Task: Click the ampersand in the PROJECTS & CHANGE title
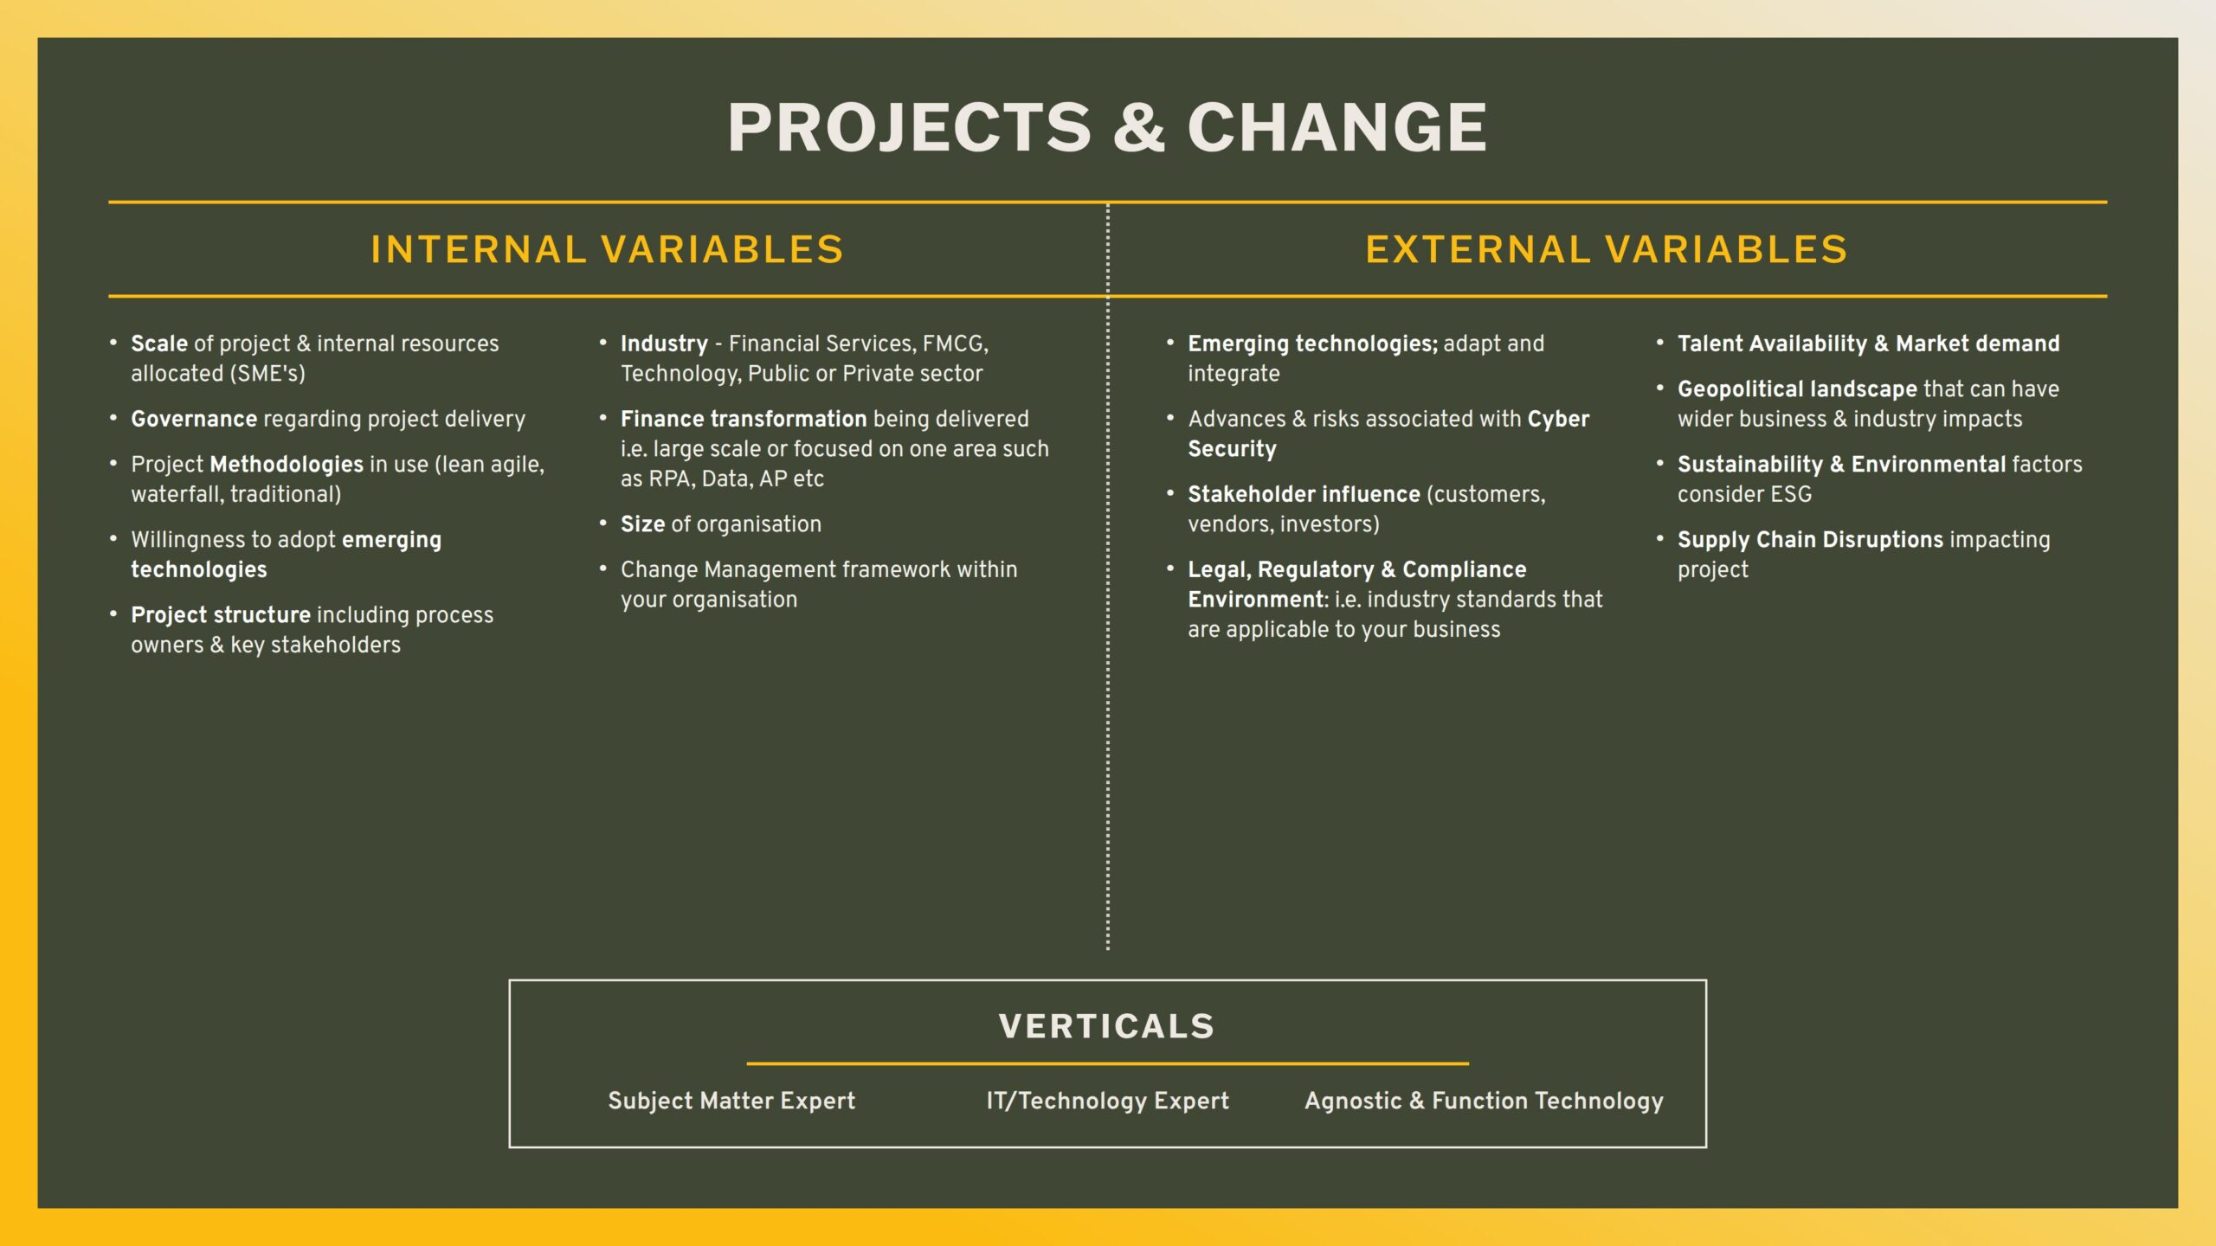(x=1138, y=127)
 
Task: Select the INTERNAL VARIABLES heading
(x=607, y=249)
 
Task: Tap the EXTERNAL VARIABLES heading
(x=1606, y=249)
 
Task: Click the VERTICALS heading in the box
(x=1107, y=1026)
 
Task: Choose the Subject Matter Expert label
(x=731, y=1101)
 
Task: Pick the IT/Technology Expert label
(x=1107, y=1101)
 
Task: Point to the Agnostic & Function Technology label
(x=1484, y=1101)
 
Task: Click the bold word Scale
(x=159, y=344)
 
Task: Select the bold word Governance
(x=194, y=419)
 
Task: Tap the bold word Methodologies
(x=287, y=465)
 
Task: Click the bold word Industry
(x=664, y=344)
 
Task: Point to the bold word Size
(x=642, y=524)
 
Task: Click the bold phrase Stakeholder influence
(x=1304, y=494)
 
